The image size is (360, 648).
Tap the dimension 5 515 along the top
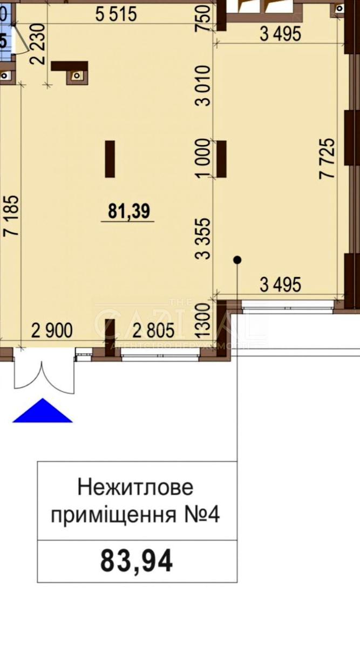tap(116, 14)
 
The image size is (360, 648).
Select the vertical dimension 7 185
tap(12, 215)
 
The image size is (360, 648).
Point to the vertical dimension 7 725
tap(327, 159)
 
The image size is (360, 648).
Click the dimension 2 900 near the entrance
tap(52, 330)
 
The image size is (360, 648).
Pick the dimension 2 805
tap(153, 330)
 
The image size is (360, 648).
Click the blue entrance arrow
tap(42, 411)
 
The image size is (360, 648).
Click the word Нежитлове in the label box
tap(135, 488)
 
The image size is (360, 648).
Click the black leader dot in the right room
tap(237, 260)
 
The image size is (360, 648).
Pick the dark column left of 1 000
tap(110, 158)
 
